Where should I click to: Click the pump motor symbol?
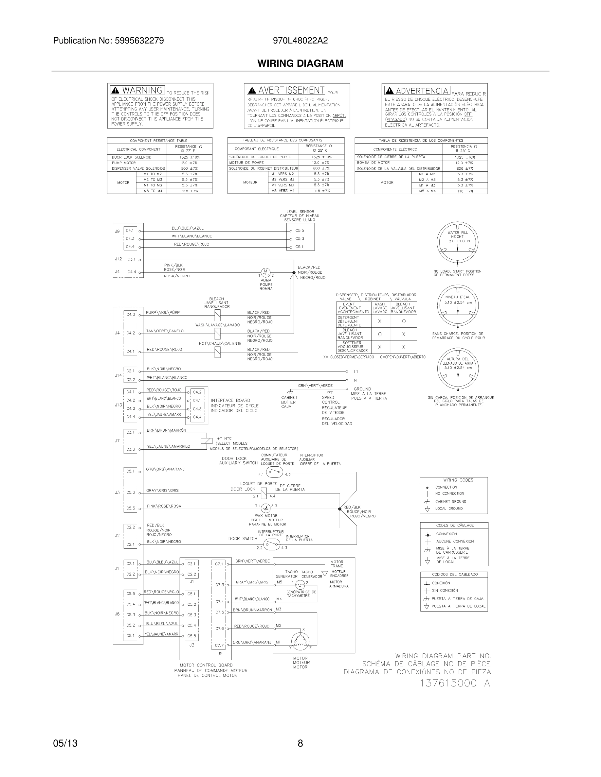[x=265, y=273]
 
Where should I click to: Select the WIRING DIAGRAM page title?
[x=300, y=63]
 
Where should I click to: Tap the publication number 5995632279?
[x=139, y=41]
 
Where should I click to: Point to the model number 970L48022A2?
[x=300, y=41]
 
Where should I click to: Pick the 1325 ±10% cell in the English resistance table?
[x=190, y=157]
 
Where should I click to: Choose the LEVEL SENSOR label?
[x=300, y=212]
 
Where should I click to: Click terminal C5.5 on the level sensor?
[x=300, y=231]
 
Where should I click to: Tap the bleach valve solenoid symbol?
[x=217, y=315]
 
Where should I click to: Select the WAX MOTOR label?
[x=266, y=515]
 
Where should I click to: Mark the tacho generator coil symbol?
[x=300, y=584]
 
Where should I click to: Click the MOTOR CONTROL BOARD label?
[x=206, y=665]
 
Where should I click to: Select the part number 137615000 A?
[x=455, y=683]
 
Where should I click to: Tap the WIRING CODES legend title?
[x=458, y=480]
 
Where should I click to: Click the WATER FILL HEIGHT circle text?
[x=458, y=236]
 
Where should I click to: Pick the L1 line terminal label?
[x=356, y=372]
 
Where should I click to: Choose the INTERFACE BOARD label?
[x=230, y=400]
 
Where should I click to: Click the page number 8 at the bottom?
[x=300, y=743]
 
